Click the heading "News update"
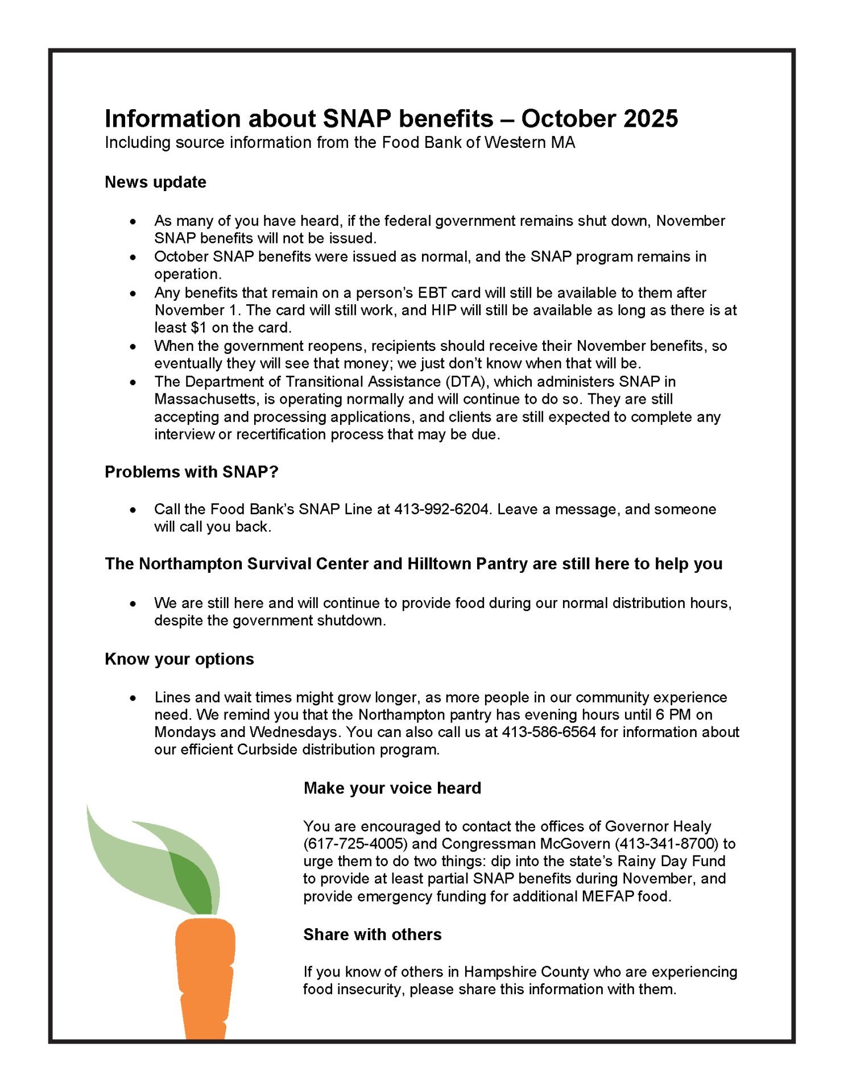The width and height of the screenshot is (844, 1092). [x=155, y=183]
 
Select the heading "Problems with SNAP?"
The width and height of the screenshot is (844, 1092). [x=191, y=473]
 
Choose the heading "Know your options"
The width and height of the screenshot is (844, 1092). [x=179, y=660]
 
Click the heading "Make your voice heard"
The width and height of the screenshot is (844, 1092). [x=392, y=789]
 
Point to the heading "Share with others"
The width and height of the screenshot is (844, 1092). [x=373, y=935]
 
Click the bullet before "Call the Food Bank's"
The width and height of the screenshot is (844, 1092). [x=133, y=510]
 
